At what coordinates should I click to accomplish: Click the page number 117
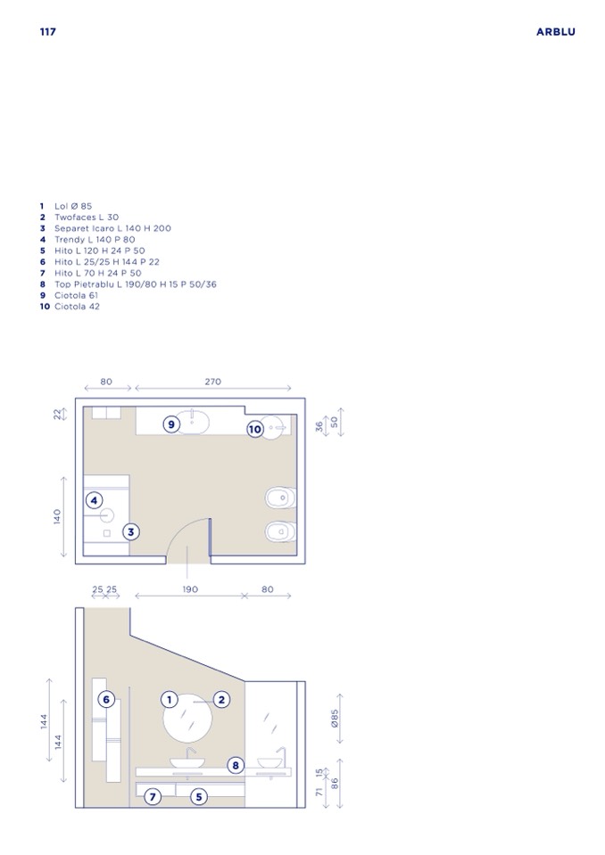tap(48, 31)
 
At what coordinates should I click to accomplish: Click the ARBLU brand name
tap(555, 31)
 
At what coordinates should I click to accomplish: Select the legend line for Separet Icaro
tap(105, 228)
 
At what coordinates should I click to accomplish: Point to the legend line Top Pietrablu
tap(128, 284)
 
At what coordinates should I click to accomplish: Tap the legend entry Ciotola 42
tap(70, 307)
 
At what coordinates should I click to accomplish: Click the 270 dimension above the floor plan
tap(212, 382)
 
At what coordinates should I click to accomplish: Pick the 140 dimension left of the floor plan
tap(57, 516)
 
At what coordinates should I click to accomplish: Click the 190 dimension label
tap(190, 589)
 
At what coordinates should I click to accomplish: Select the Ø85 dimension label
tap(335, 718)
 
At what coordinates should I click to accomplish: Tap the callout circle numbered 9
tap(171, 424)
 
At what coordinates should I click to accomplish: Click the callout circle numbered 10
tap(255, 429)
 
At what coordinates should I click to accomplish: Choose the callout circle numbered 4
tap(95, 500)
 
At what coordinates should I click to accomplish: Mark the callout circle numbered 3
tap(131, 531)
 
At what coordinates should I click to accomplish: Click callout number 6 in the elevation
tap(106, 700)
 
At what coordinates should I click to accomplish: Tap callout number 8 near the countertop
tap(236, 766)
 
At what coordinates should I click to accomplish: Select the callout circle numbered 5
tap(199, 797)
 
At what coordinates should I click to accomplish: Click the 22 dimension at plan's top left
tap(57, 415)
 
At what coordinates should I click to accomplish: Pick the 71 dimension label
tap(319, 791)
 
